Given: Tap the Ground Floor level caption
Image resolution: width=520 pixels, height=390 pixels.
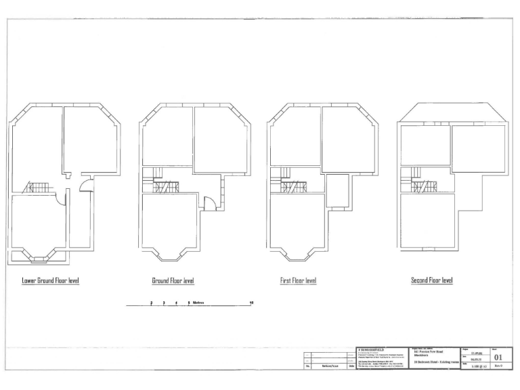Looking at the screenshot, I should (173, 280).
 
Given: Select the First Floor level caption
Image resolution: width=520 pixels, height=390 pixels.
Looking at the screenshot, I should (299, 280).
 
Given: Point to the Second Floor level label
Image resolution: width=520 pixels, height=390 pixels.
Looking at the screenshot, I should (432, 280).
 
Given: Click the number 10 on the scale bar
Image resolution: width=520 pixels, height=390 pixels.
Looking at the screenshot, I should (252, 303).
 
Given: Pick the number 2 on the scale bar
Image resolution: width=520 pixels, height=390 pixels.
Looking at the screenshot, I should (152, 303).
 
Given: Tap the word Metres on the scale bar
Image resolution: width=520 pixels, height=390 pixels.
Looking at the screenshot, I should (199, 303).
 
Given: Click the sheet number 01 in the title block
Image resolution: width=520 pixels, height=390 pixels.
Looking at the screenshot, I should (498, 357).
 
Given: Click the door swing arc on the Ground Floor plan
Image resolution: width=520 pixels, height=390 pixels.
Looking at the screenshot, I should (211, 202).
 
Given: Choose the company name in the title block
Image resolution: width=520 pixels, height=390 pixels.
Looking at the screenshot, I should (370, 351).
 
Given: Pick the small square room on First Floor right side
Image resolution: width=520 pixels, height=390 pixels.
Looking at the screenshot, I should (337, 190).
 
